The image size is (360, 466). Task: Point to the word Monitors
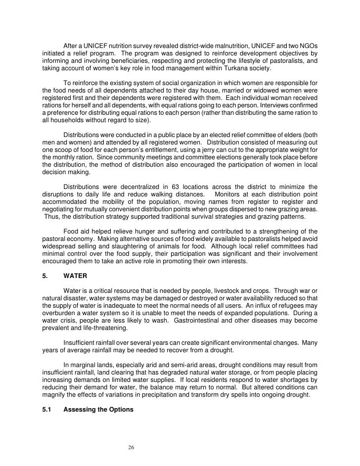[x=231, y=194]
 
